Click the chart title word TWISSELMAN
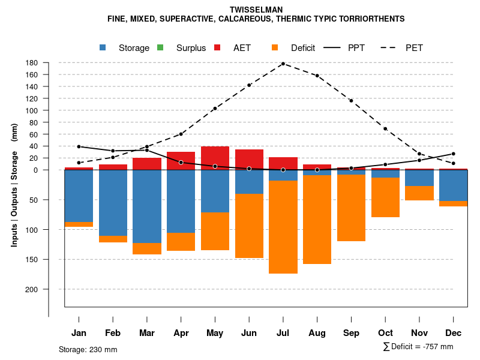point(256,10)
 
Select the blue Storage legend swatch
point(103,47)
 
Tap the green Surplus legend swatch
point(160,47)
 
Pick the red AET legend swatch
point(217,47)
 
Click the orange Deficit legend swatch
point(275,47)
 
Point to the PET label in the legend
point(414,48)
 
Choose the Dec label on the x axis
point(454,333)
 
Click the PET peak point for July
point(283,64)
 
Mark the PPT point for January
point(79,146)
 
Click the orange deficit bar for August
point(317,219)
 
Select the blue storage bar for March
point(147,206)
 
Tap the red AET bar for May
point(215,158)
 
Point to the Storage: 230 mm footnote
point(88,350)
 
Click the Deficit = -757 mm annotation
point(418,347)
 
